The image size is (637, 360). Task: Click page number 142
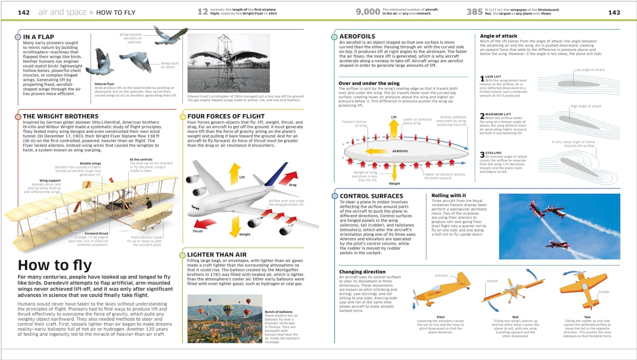coord(24,12)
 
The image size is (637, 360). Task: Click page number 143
coord(614,12)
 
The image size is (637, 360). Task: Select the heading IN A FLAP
coord(38,37)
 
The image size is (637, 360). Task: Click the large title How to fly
coord(55,265)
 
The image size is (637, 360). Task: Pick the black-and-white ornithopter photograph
coord(229,63)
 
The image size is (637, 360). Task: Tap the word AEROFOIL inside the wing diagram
coord(400,151)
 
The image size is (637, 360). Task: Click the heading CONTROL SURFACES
coord(371,196)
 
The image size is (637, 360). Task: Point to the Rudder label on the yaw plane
coord(604,292)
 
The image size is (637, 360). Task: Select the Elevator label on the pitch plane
coord(441,275)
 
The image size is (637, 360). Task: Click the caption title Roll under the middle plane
coord(515,317)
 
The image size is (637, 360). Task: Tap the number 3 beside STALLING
coord(482,154)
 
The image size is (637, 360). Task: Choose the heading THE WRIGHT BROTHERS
coord(60,116)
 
